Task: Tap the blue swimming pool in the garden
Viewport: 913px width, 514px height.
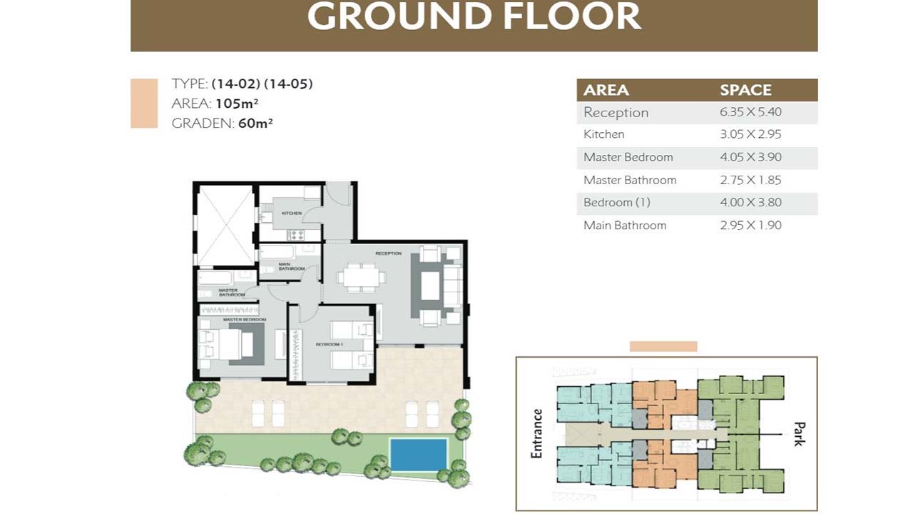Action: click(x=419, y=455)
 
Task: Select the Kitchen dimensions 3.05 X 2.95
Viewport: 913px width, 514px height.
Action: click(x=750, y=134)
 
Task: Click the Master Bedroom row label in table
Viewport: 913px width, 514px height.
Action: click(x=628, y=157)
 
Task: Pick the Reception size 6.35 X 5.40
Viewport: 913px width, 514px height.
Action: click(x=750, y=112)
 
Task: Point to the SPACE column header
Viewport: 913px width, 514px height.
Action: click(x=745, y=90)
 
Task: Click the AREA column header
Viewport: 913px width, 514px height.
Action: click(x=606, y=90)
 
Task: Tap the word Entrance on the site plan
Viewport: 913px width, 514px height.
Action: click(x=537, y=433)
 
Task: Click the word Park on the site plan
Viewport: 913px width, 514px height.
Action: click(x=799, y=433)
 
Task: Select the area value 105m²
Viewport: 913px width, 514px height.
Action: click(x=237, y=104)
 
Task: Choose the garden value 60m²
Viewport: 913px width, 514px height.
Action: click(x=255, y=123)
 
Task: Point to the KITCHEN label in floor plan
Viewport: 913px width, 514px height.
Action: click(x=292, y=213)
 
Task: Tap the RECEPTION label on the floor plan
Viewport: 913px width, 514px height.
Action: click(x=389, y=253)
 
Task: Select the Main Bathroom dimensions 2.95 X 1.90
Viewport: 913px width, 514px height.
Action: click(x=750, y=226)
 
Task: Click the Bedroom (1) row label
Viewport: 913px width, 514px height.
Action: click(x=616, y=203)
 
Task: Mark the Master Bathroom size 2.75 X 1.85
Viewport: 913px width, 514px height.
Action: click(x=750, y=180)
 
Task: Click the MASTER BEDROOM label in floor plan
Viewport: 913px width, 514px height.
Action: click(x=245, y=319)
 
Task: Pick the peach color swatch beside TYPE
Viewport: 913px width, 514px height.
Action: click(x=144, y=104)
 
